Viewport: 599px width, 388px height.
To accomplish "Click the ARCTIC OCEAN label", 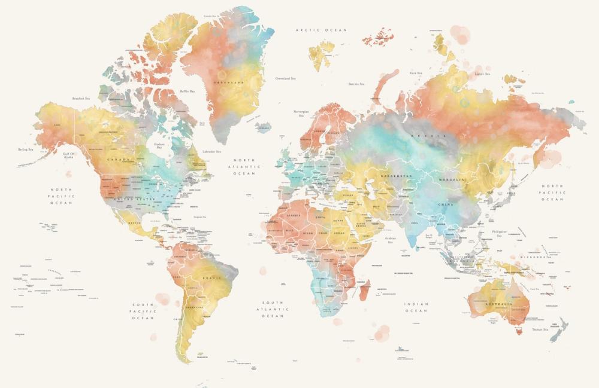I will tap(321, 29).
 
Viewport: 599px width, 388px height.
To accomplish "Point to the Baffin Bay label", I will tap(187, 91).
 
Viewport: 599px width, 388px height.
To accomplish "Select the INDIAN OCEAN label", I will tap(416, 307).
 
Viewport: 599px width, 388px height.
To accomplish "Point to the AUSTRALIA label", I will tap(499, 304).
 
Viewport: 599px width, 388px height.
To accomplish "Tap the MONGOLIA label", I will tap(452, 179).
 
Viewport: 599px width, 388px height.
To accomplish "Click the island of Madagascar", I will tap(364, 290).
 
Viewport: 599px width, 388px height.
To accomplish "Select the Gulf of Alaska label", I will tap(69, 155).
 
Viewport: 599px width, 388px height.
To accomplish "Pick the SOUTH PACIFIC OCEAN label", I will tap(143, 311).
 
